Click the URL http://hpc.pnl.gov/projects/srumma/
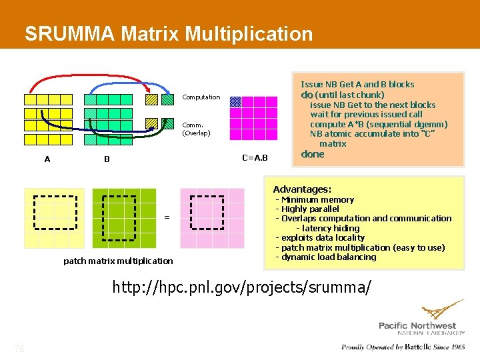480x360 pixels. (x=241, y=287)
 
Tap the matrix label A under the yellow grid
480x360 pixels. (x=47, y=159)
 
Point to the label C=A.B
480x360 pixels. (x=255, y=158)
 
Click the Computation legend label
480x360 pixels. (x=201, y=97)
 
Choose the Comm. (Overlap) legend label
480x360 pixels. (x=197, y=129)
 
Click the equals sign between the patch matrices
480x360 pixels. (x=167, y=217)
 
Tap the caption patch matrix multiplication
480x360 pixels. (x=118, y=261)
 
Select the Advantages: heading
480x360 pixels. (x=302, y=189)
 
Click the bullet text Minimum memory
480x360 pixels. (x=317, y=200)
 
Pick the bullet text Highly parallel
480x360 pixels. (x=310, y=209)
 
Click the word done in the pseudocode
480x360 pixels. (x=313, y=154)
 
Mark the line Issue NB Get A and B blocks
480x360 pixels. (x=357, y=85)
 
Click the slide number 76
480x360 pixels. (x=20, y=349)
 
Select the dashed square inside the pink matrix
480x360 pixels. (x=207, y=212)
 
